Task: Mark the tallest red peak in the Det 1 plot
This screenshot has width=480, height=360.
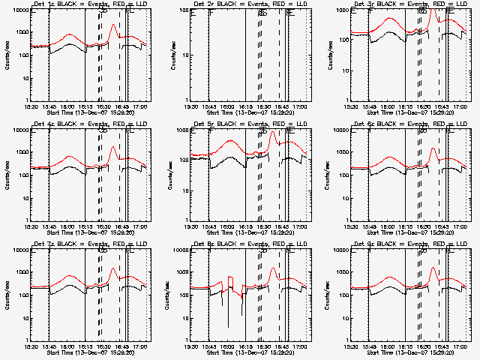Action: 113,25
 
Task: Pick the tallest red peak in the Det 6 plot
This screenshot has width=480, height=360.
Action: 433,148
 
